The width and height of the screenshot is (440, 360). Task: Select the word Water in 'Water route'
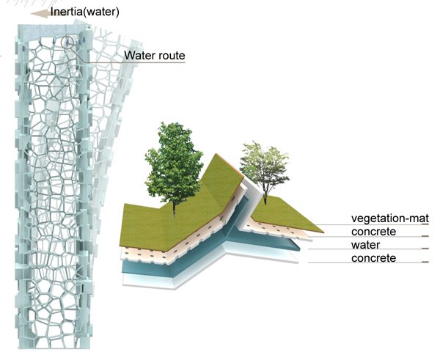click(139, 55)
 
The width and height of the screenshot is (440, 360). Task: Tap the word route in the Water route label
click(171, 56)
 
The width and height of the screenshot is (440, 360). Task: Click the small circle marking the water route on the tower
click(68, 42)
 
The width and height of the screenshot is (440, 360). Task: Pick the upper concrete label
click(374, 232)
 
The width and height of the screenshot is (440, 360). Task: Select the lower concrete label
click(374, 258)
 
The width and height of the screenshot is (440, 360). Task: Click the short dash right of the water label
click(424, 249)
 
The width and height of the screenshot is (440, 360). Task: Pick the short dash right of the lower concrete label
click(424, 262)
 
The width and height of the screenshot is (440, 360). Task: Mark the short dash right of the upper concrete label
click(424, 236)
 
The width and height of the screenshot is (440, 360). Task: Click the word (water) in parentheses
click(101, 11)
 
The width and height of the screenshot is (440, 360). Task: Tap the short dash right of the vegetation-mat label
click(424, 223)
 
